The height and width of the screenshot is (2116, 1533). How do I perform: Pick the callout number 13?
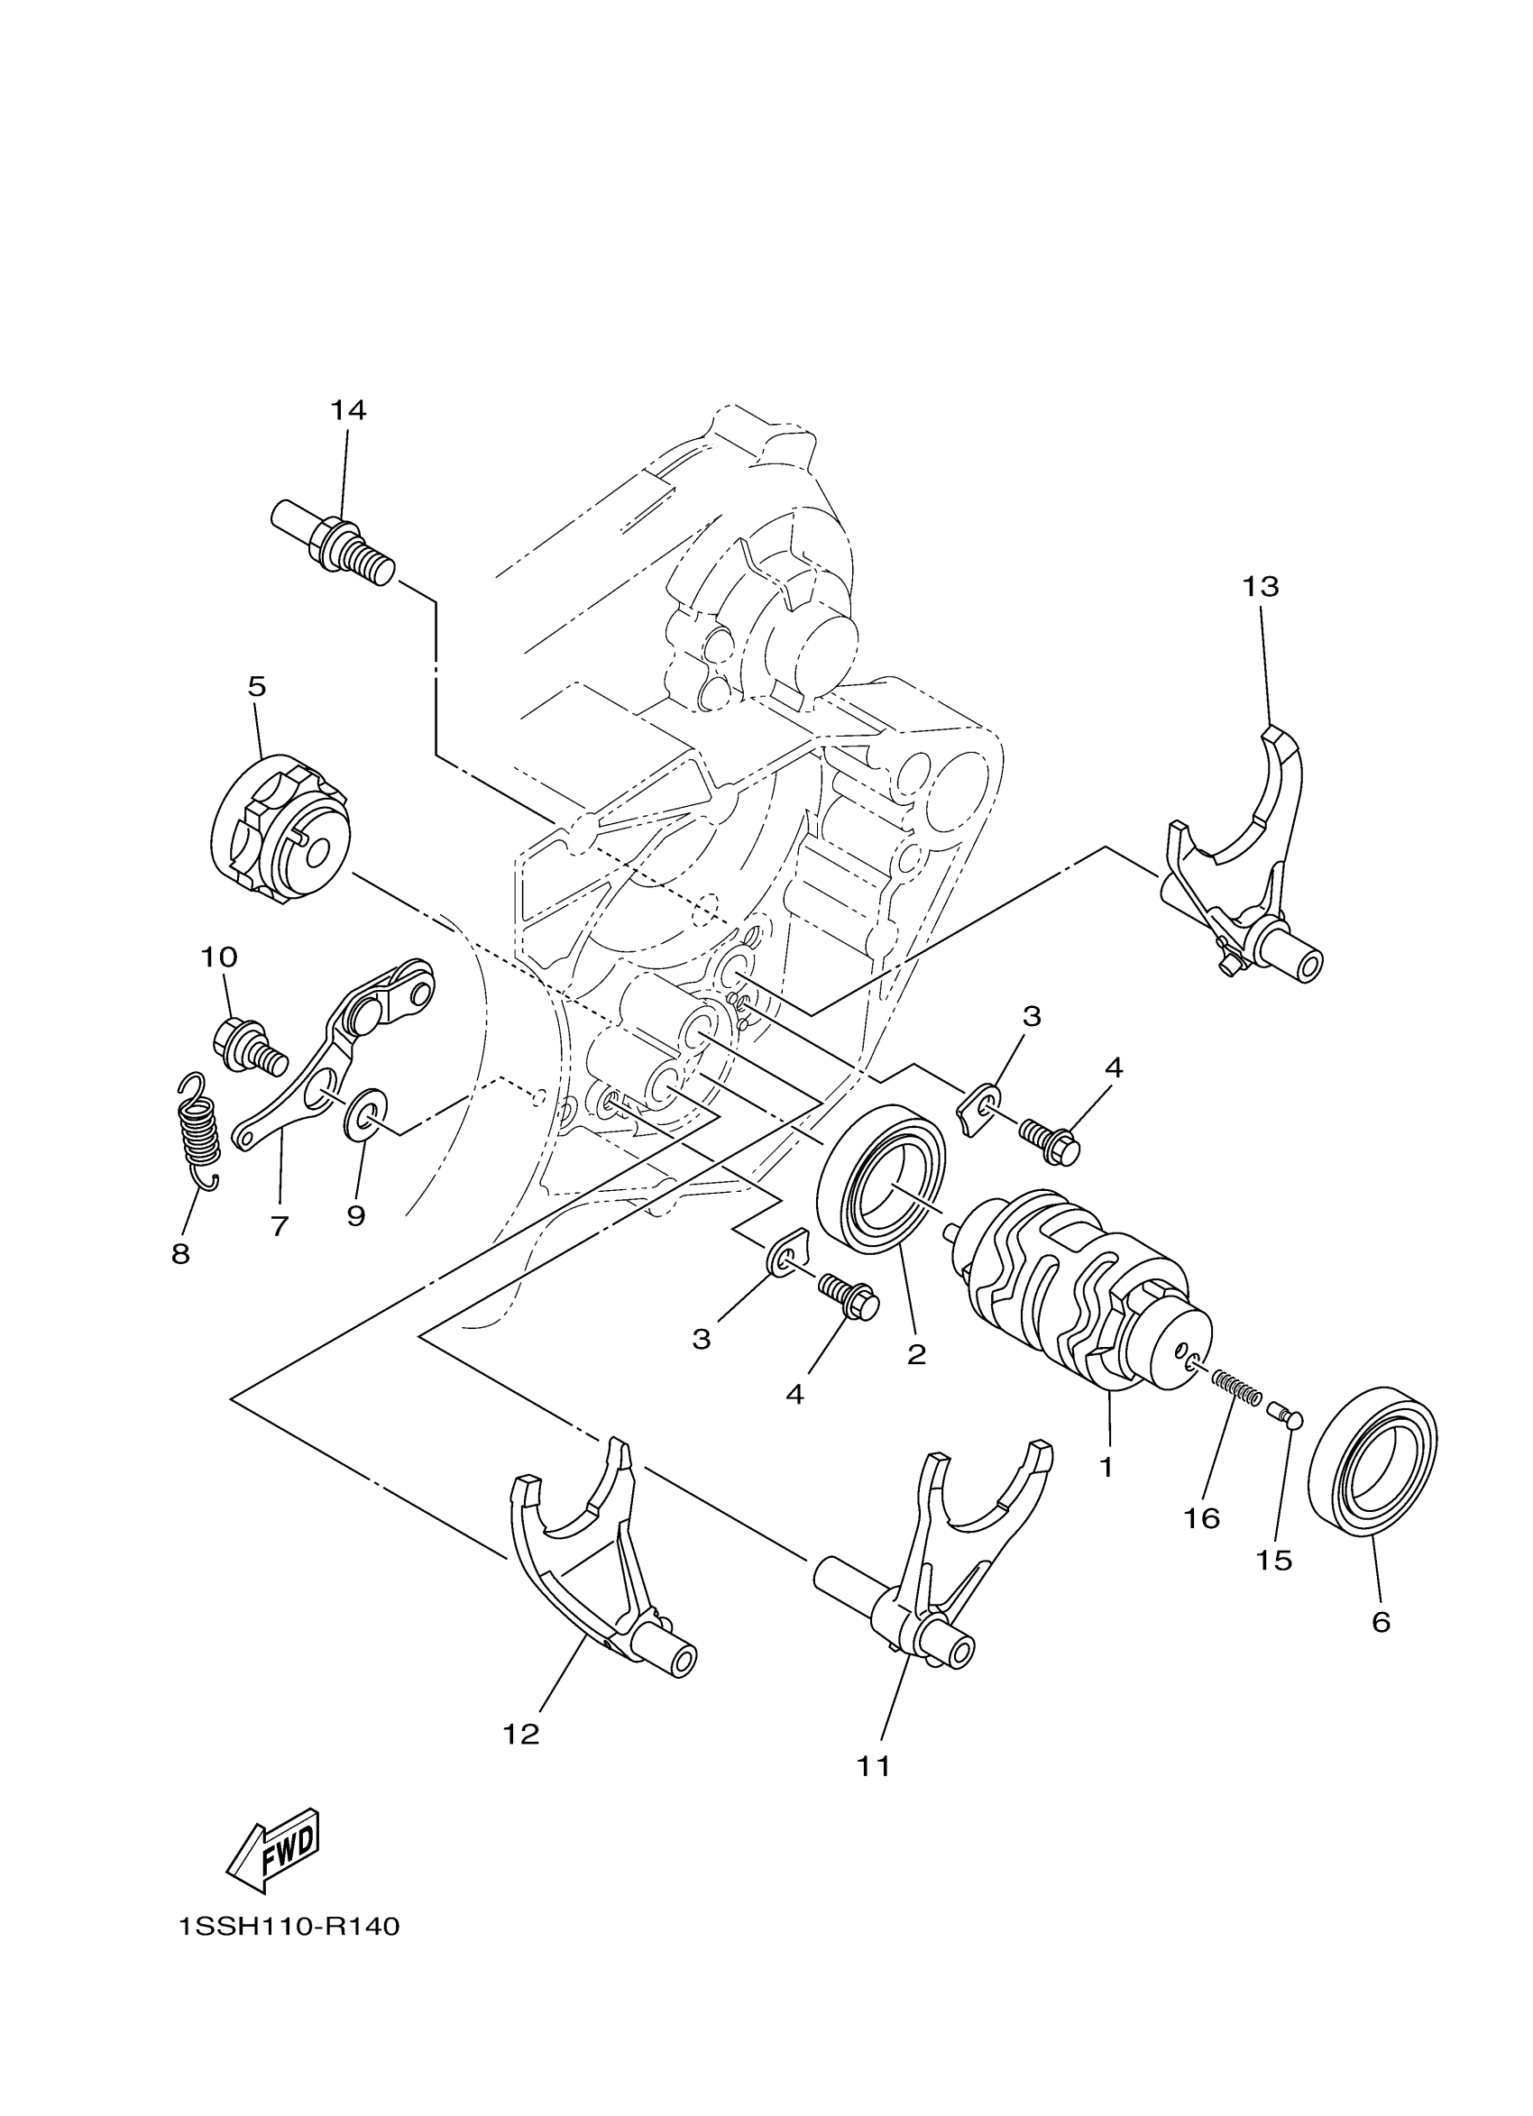click(1260, 587)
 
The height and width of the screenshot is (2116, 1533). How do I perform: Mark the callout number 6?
click(1381, 1623)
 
